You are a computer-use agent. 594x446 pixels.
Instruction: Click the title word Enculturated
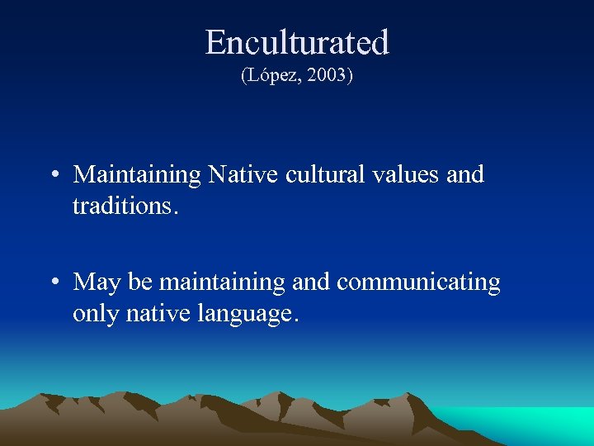click(x=297, y=42)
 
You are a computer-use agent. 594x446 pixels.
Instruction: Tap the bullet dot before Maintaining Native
click(x=53, y=176)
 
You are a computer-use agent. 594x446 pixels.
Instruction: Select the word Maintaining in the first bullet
click(x=137, y=175)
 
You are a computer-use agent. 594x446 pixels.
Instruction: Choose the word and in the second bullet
click(x=310, y=282)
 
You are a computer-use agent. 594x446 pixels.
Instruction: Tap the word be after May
click(x=140, y=282)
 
